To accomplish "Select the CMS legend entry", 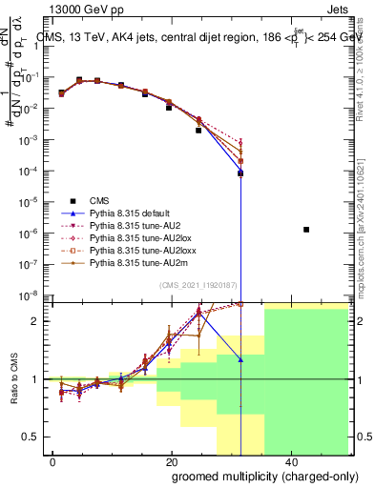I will coord(99,201).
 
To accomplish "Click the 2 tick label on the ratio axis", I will coord(38,321).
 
